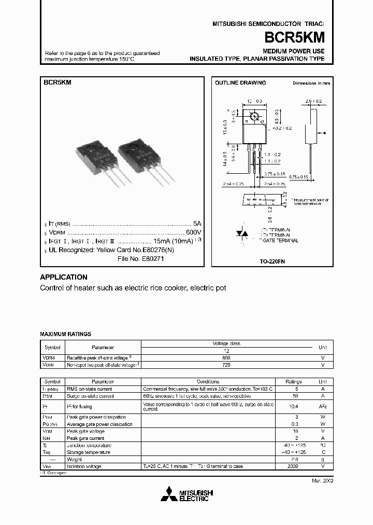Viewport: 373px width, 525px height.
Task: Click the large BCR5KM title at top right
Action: click(x=295, y=37)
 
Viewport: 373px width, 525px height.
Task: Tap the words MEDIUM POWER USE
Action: click(x=293, y=51)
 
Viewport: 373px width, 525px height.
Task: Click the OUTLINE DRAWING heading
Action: click(x=240, y=83)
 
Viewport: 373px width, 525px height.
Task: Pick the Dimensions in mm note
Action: click(x=311, y=83)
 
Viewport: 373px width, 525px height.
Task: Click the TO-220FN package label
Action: click(x=272, y=262)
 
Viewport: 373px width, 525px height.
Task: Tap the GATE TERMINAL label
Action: click(x=280, y=241)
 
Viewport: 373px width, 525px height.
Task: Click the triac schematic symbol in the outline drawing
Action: click(x=241, y=234)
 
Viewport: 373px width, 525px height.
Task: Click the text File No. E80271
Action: click(x=140, y=258)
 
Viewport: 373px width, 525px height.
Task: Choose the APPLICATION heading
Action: click(x=64, y=277)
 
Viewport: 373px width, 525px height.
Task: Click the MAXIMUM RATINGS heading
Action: click(x=65, y=334)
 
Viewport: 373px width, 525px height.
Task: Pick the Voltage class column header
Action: click(x=226, y=343)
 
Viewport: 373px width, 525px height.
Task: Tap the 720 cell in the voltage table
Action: click(x=226, y=365)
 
